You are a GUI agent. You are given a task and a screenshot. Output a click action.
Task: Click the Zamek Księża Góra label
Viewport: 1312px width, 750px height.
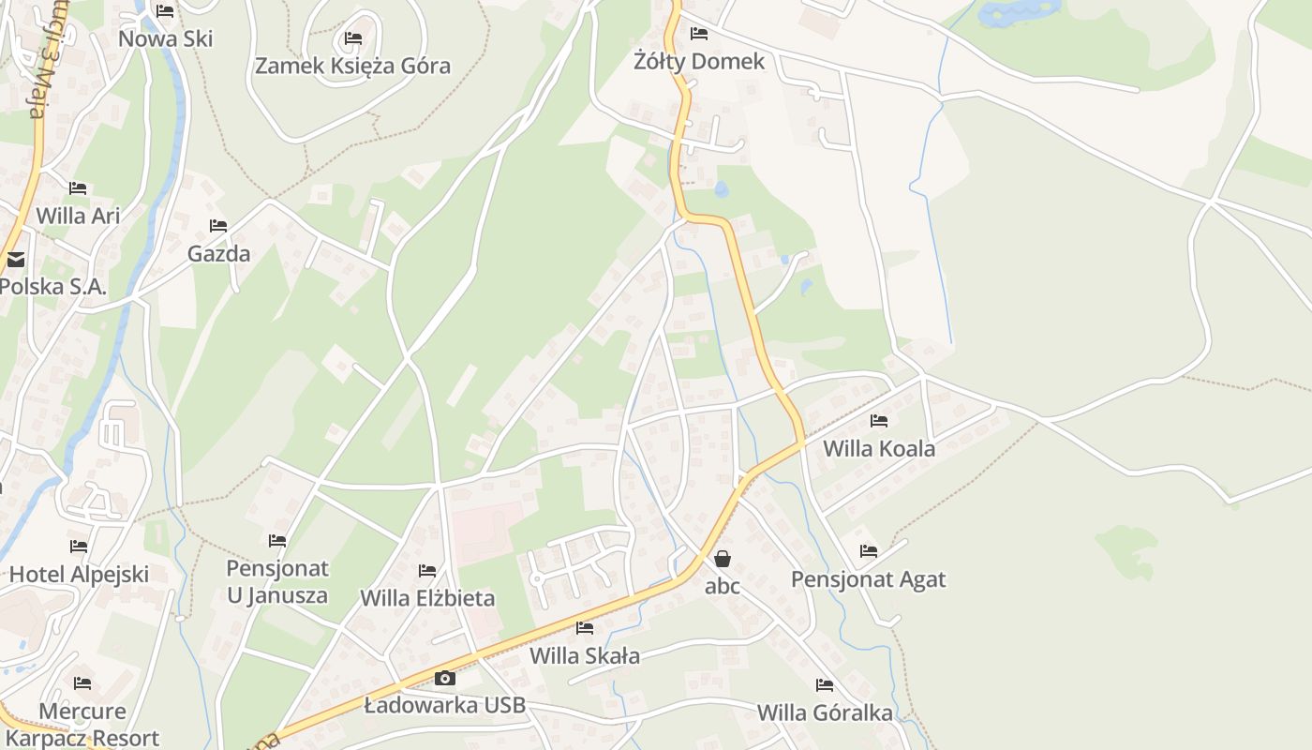point(352,66)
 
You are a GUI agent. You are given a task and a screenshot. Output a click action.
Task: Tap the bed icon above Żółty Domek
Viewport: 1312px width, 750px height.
point(698,34)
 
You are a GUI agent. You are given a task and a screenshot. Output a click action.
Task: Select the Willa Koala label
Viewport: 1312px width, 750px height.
point(878,448)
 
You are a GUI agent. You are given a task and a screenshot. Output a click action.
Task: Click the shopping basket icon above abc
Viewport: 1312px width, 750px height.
point(723,559)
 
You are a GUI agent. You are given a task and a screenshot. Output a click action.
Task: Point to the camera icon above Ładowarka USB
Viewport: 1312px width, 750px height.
point(444,678)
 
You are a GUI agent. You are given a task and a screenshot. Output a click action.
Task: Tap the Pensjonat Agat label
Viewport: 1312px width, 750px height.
point(868,578)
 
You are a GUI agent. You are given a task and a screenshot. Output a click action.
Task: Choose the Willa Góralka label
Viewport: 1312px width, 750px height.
point(825,712)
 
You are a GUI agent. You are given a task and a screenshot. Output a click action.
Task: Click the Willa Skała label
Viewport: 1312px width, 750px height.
point(585,654)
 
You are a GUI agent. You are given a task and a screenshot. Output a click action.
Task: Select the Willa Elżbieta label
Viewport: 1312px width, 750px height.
point(427,597)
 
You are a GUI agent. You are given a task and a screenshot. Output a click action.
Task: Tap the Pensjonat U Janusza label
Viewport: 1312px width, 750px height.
point(277,581)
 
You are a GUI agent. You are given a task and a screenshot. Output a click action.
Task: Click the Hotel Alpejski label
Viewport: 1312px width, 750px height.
point(79,574)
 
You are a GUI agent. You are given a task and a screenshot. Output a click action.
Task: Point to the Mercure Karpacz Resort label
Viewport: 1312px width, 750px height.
point(82,725)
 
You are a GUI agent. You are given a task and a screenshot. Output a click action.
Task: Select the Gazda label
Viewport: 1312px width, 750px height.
point(218,253)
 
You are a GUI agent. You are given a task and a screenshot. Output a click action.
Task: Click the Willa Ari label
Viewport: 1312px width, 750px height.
point(78,215)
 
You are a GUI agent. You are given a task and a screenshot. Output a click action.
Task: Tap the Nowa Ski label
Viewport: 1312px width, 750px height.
point(165,38)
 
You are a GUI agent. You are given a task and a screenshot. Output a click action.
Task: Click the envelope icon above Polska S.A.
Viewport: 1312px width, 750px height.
point(16,260)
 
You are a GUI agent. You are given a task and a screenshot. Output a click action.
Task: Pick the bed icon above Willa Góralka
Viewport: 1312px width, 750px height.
point(825,685)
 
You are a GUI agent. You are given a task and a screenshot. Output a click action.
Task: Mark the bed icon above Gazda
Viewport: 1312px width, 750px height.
point(218,226)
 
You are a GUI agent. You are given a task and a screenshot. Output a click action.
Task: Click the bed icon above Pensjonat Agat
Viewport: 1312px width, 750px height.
point(869,551)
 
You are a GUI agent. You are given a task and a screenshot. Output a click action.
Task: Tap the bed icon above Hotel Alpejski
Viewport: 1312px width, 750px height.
point(79,547)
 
